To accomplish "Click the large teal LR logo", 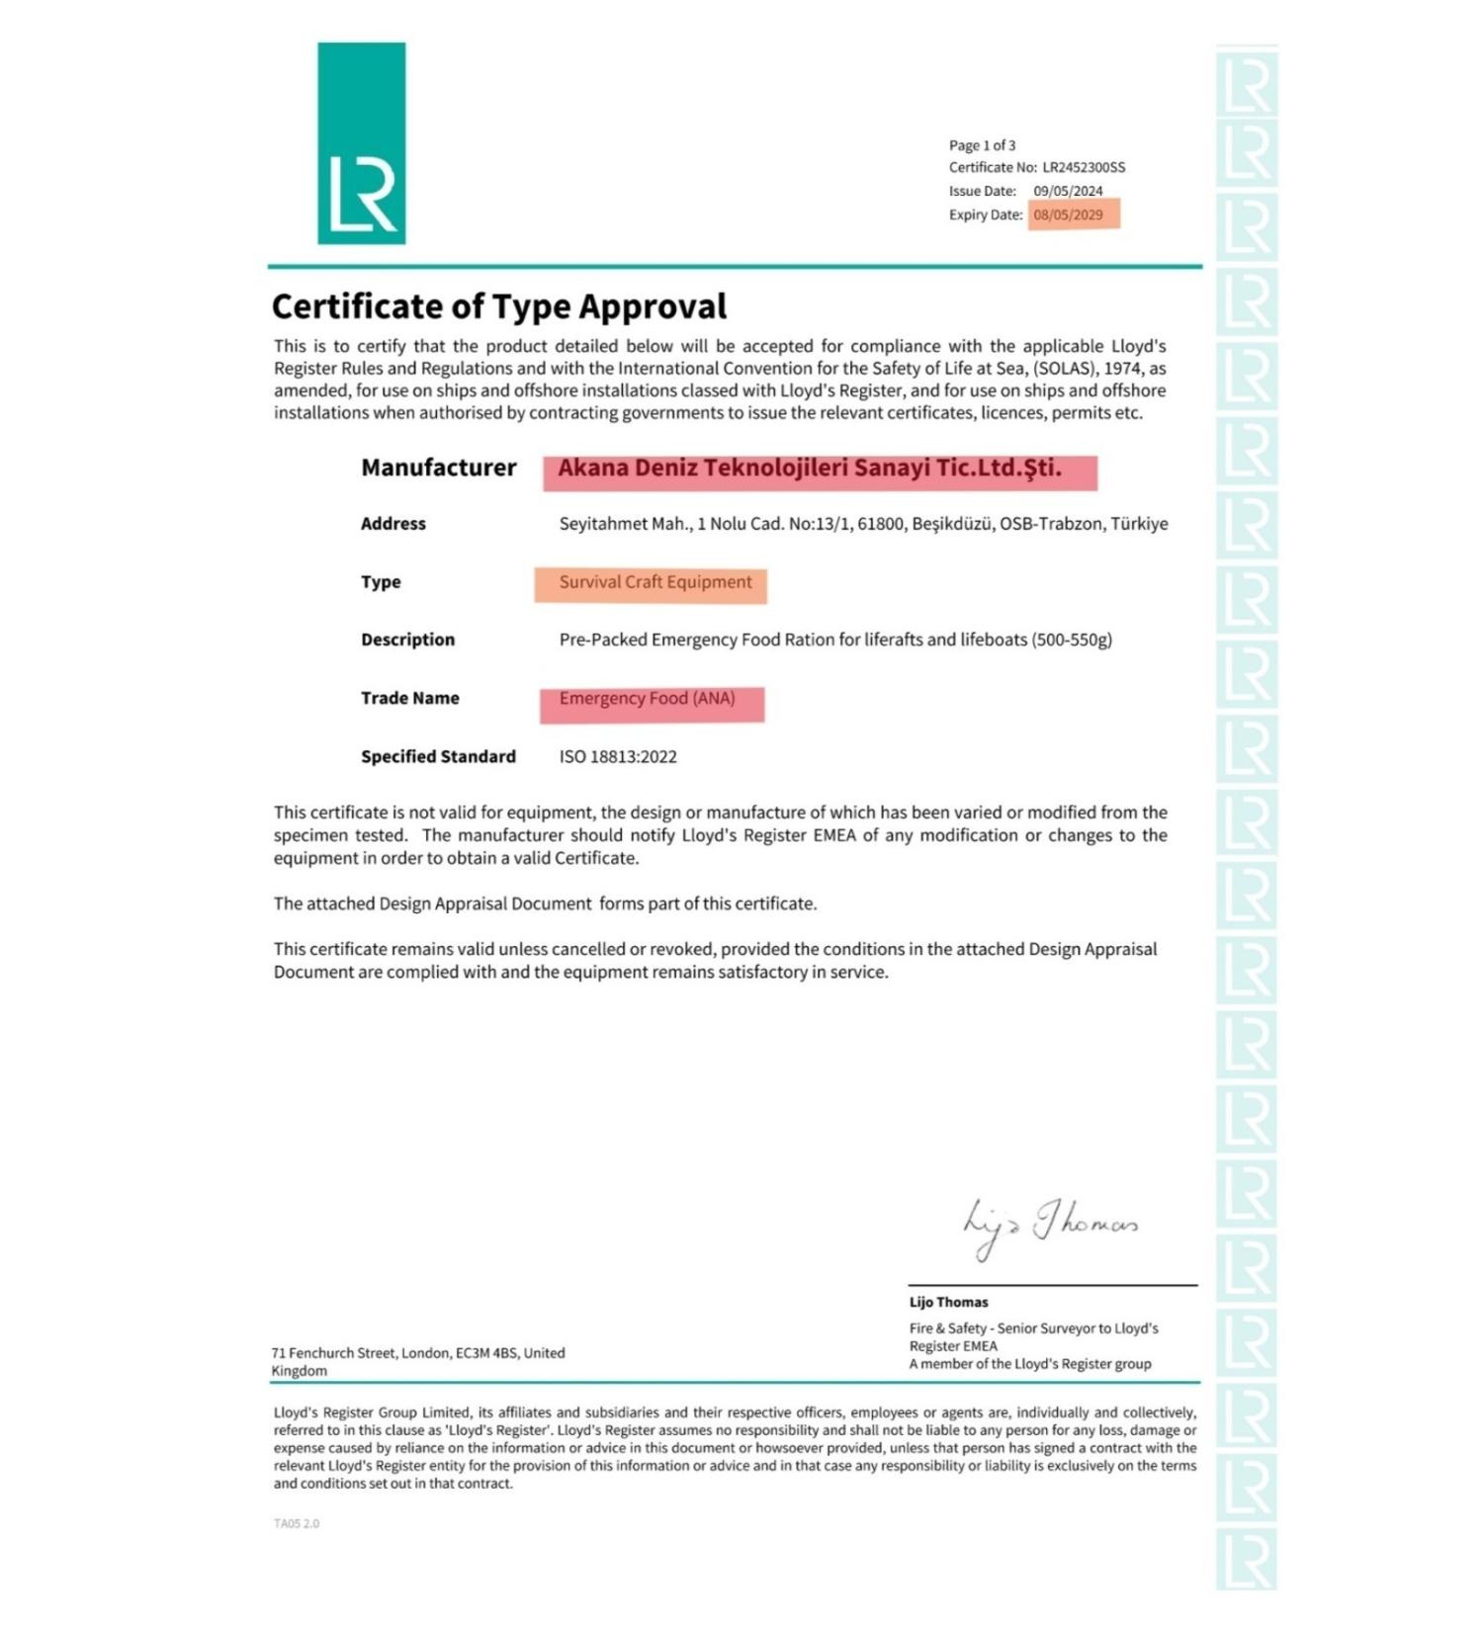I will click(361, 143).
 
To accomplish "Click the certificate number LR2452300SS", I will click(1084, 168).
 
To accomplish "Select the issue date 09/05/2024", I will click(1068, 192).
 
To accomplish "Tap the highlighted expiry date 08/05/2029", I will click(1069, 215).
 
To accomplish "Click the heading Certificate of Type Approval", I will click(499, 306).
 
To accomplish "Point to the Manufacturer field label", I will click(438, 468).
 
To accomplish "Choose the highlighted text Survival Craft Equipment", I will click(655, 582).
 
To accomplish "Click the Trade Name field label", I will click(409, 698).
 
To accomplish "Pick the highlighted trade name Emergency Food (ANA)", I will click(648, 699).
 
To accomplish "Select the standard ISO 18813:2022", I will click(618, 757).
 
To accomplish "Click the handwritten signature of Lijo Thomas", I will click(1050, 1226).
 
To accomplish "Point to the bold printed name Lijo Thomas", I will click(948, 1302).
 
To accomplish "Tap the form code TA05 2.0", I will click(297, 1523).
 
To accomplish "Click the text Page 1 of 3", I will click(982, 145).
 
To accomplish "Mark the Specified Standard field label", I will click(438, 757).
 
